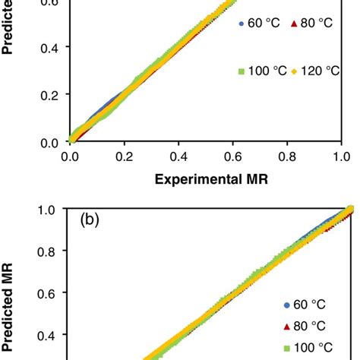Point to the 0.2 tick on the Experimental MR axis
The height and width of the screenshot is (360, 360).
[x=125, y=157]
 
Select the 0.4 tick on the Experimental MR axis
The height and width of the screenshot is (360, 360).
[x=178, y=157]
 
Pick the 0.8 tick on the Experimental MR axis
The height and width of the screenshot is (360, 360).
[x=287, y=157]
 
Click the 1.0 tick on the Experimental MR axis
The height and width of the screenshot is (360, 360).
[x=341, y=157]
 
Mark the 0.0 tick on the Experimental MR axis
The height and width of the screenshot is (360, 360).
[x=71, y=157]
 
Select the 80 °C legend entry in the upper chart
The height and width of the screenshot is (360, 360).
[x=310, y=24]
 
